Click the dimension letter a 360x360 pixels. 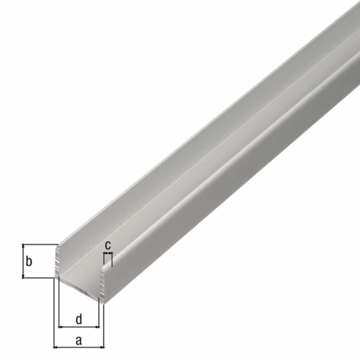(79, 340)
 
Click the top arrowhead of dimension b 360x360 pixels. (23, 246)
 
